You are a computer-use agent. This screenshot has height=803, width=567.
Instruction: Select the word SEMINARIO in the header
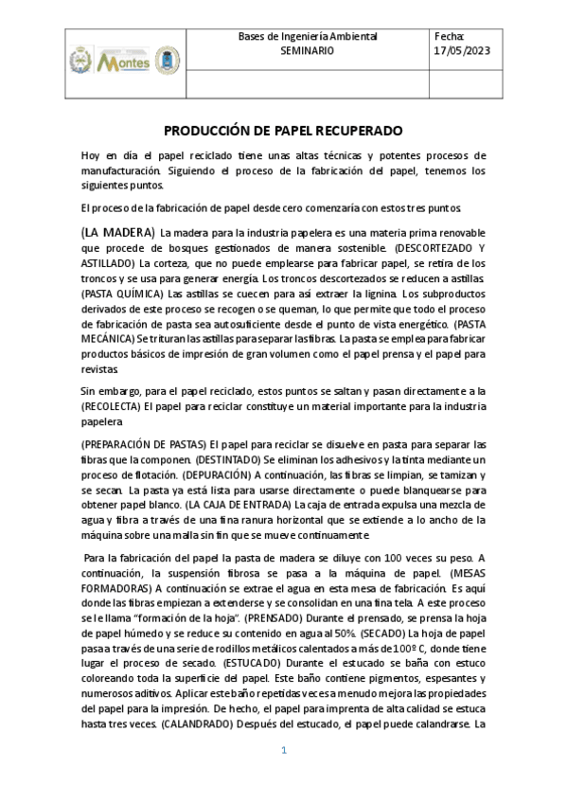(308, 50)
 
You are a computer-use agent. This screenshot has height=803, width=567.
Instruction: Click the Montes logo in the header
(124, 62)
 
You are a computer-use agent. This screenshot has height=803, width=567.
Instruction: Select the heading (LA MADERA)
(117, 232)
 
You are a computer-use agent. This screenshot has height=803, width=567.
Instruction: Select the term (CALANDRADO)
(204, 723)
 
